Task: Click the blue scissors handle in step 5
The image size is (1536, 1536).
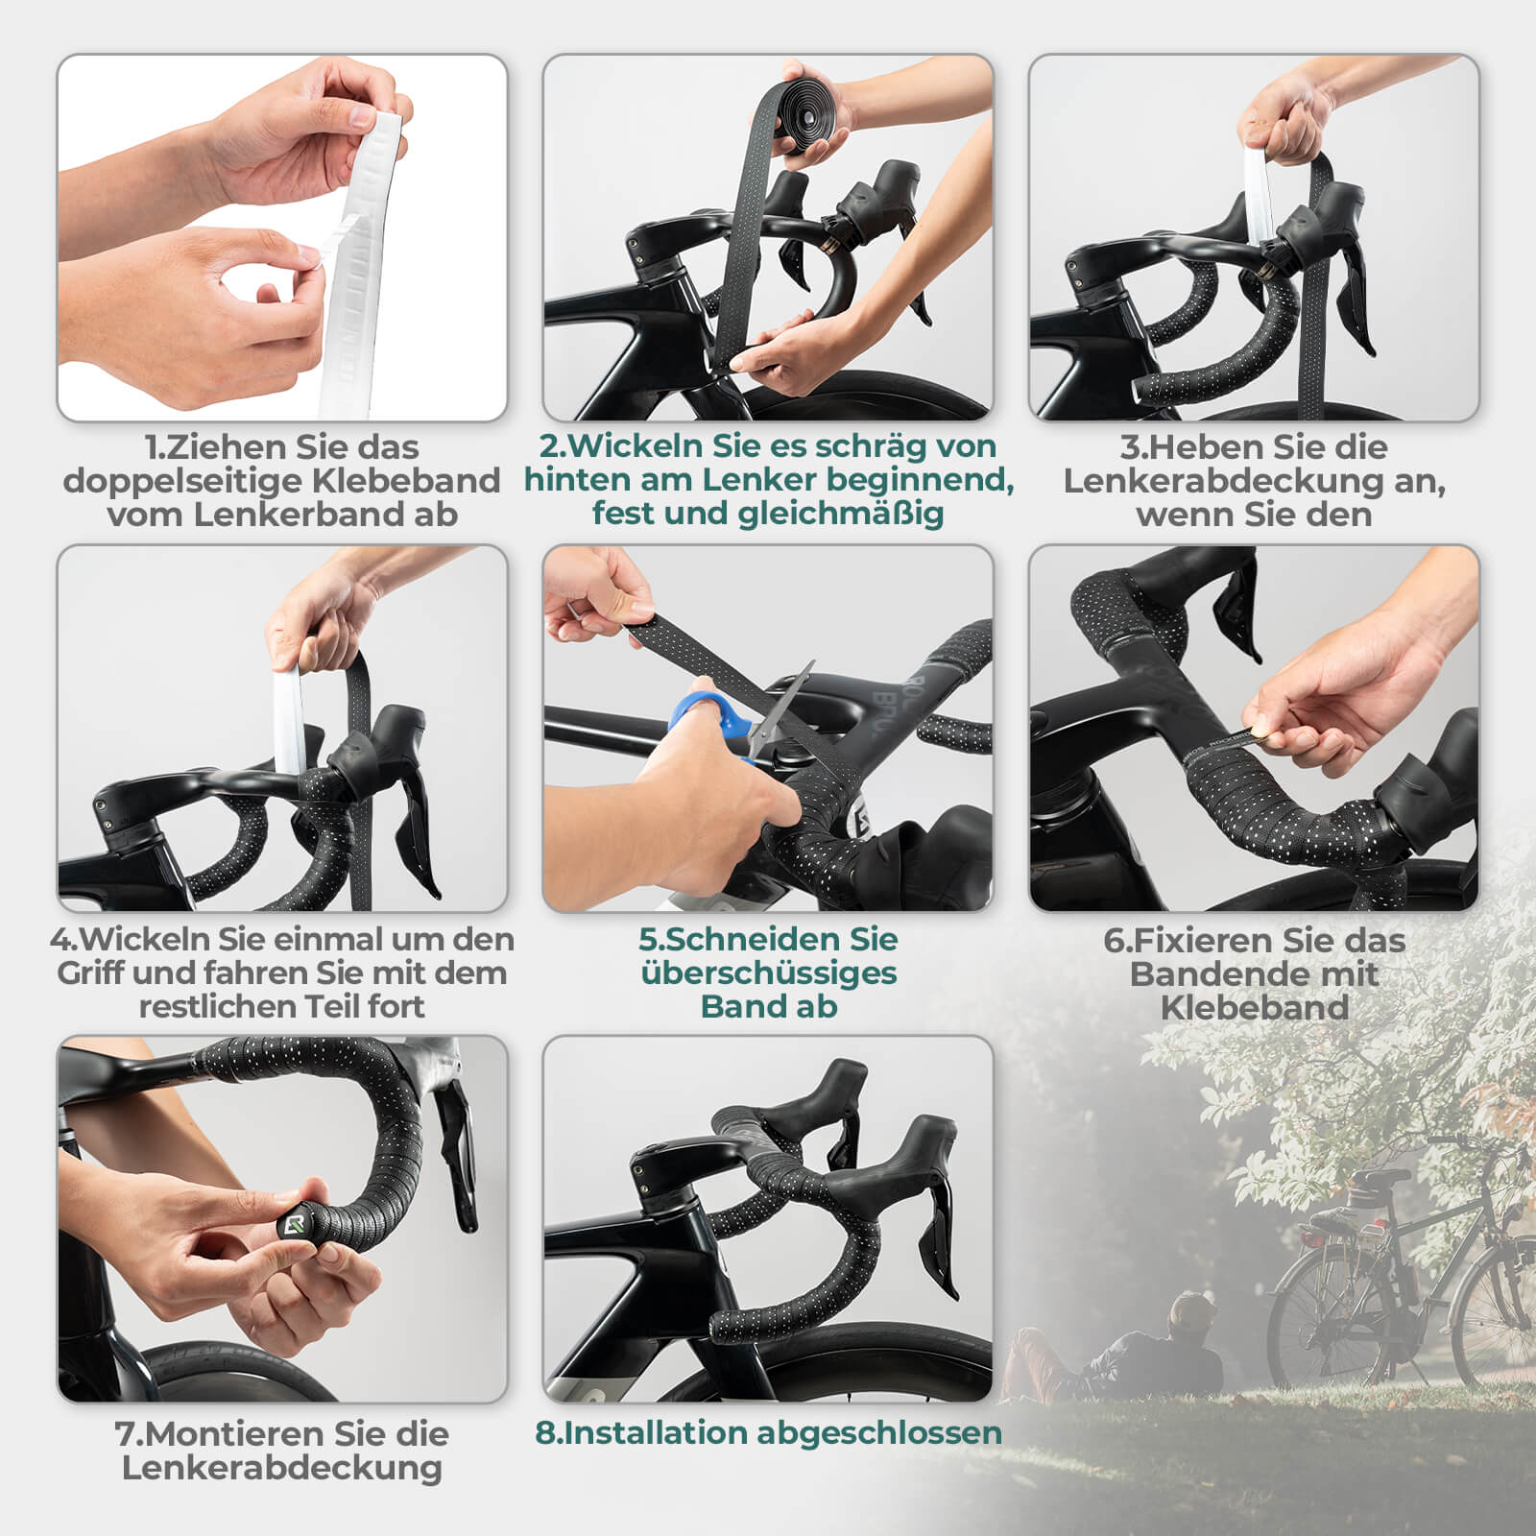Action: [x=711, y=714]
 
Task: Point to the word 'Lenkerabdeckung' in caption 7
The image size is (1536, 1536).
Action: [x=281, y=1467]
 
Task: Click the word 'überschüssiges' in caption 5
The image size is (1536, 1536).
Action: [x=768, y=972]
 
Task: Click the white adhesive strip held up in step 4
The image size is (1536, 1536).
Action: [x=288, y=720]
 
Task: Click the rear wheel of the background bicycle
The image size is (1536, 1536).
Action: [x=1325, y=1315]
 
